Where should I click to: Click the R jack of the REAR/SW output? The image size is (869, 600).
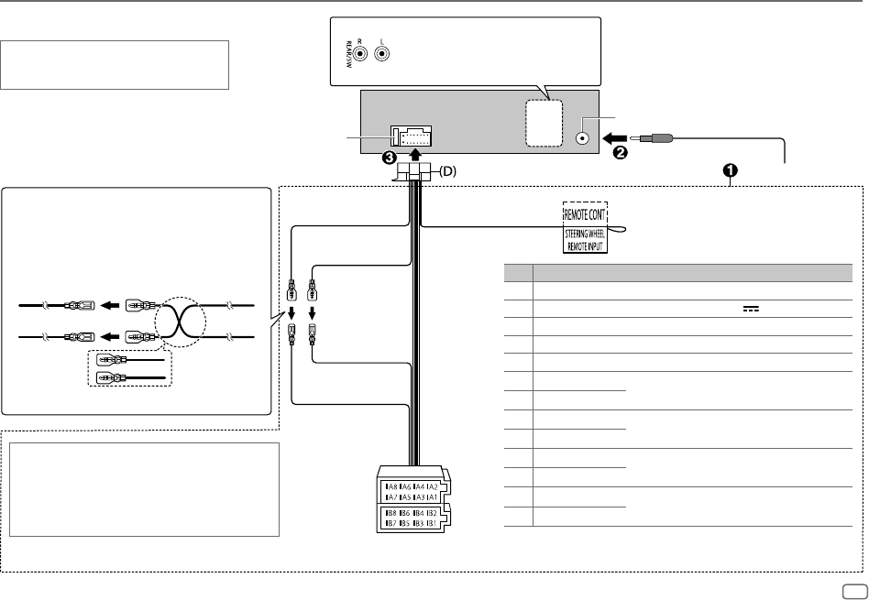(x=363, y=54)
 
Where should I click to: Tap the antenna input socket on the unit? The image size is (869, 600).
(x=582, y=139)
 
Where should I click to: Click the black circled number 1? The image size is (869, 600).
(x=731, y=170)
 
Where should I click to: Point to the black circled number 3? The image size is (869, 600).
(x=390, y=157)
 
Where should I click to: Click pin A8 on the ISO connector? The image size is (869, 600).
(x=391, y=485)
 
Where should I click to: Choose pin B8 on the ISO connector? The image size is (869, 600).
(x=391, y=512)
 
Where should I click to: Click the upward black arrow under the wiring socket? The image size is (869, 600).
(x=412, y=157)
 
